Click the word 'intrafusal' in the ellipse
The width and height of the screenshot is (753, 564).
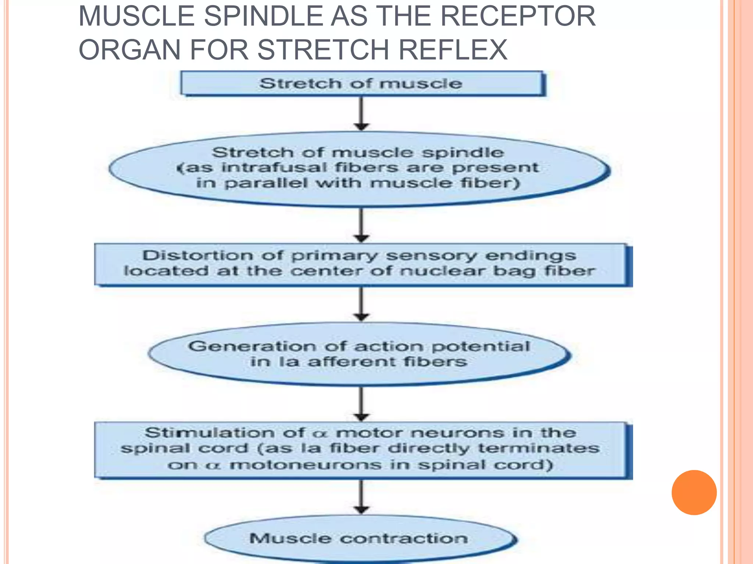tap(274, 168)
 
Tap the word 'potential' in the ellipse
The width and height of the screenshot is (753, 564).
tap(481, 346)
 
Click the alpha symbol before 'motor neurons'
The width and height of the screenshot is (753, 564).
tap(320, 434)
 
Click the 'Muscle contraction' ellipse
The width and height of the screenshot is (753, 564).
tap(359, 539)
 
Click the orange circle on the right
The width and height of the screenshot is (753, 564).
tap(694, 492)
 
